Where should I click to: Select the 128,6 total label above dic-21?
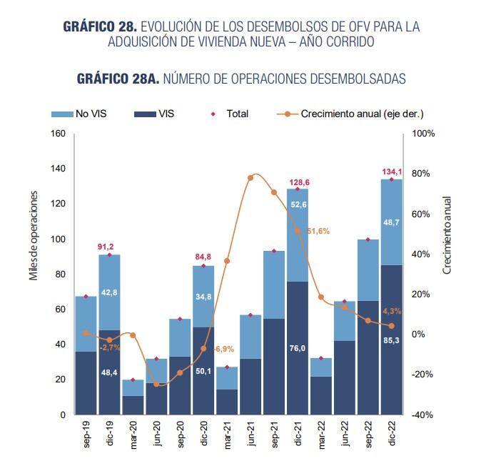click(298, 182)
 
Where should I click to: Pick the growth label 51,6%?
click(318, 232)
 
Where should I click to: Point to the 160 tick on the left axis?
click(58, 134)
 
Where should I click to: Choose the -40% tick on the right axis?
click(423, 415)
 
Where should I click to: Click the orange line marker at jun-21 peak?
click(250, 177)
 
